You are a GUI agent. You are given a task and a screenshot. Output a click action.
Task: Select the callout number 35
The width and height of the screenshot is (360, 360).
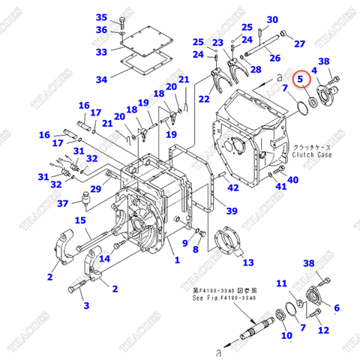(102, 17)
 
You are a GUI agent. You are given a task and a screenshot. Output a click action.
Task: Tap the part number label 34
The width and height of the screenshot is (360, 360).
(101, 79)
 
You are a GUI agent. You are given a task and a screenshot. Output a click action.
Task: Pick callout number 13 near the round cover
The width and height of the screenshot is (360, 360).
(247, 262)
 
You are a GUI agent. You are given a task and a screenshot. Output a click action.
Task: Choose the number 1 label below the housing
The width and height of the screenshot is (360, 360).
(177, 260)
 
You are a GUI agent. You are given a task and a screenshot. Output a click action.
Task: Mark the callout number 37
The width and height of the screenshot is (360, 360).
(63, 203)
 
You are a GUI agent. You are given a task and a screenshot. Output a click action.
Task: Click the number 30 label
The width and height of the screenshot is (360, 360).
(271, 19)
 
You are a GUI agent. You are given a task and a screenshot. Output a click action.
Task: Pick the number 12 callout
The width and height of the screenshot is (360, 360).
(323, 331)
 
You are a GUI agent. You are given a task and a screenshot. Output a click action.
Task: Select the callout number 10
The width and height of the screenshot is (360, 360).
(286, 337)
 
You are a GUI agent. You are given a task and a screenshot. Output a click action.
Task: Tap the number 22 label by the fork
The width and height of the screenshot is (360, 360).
(203, 99)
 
